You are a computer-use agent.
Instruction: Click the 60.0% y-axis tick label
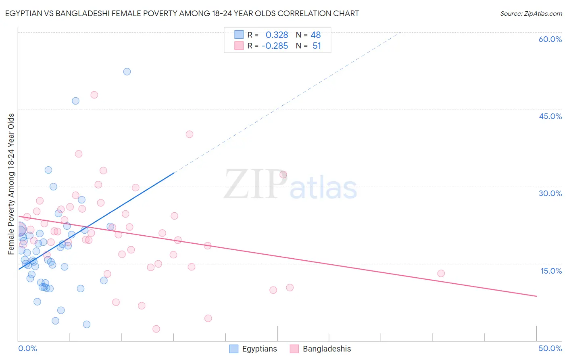pyautogui.click(x=550, y=39)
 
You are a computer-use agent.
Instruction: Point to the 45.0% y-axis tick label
pyautogui.click(x=550, y=116)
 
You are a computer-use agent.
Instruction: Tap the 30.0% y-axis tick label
pyautogui.click(x=550, y=193)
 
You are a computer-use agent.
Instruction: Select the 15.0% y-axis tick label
pyautogui.click(x=551, y=271)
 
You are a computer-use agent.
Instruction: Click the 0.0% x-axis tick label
pyautogui.click(x=27, y=348)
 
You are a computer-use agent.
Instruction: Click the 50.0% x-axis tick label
pyautogui.click(x=550, y=348)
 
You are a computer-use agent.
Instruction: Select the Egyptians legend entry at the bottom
pyautogui.click(x=253, y=349)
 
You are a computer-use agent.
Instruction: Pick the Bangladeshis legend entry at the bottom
pyautogui.click(x=321, y=349)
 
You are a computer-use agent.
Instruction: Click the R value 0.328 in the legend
pyautogui.click(x=277, y=35)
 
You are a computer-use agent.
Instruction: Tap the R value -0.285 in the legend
pyautogui.click(x=275, y=46)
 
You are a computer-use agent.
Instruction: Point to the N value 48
pyautogui.click(x=315, y=35)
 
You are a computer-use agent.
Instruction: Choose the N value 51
pyautogui.click(x=317, y=46)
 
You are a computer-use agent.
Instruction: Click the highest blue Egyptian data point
pyautogui.click(x=127, y=71)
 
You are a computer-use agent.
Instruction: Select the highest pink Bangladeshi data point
pyautogui.click(x=94, y=95)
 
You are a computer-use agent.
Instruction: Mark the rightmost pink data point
pyautogui.click(x=441, y=273)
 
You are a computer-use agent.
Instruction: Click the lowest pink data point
pyautogui.click(x=156, y=329)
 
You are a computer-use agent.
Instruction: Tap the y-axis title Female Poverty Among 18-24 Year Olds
pyautogui.click(x=11, y=184)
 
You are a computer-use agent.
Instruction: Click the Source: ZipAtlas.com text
pyautogui.click(x=531, y=14)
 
